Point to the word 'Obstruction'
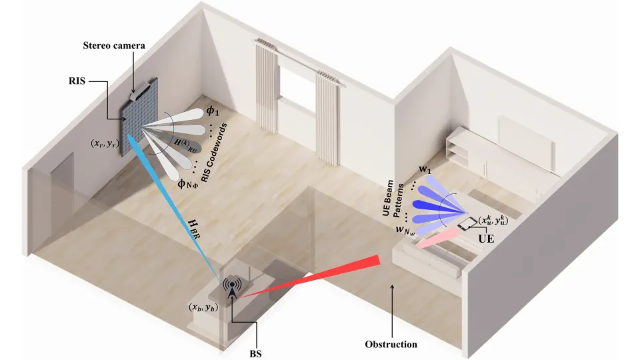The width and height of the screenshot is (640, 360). [x=392, y=344]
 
